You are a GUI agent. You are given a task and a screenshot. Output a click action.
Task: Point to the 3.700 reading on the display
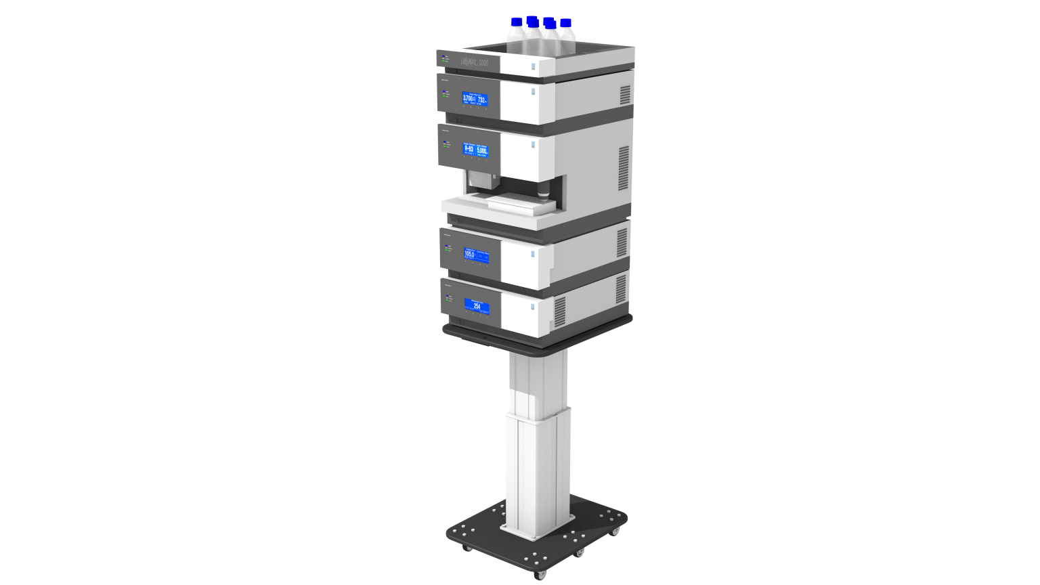tap(468, 99)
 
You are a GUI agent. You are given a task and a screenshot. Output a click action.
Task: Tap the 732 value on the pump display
tap(481, 100)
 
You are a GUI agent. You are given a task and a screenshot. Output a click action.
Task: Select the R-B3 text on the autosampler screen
tap(469, 149)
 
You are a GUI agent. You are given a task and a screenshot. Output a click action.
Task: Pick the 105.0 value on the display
tap(469, 253)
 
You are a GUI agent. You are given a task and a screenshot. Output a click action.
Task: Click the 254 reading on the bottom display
tap(477, 306)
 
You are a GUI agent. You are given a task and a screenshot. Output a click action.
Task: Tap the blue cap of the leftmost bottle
tap(517, 22)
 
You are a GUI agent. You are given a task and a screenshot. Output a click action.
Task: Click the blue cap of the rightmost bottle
tap(565, 23)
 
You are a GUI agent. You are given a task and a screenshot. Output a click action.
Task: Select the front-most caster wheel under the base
tap(540, 575)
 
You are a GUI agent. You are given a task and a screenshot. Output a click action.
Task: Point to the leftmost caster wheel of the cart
tap(466, 546)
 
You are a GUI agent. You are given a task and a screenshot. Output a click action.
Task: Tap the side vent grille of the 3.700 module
tap(625, 95)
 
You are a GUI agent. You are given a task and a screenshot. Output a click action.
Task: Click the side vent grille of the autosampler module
tap(624, 168)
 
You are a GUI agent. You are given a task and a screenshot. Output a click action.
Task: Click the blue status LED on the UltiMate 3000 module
tap(443, 57)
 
